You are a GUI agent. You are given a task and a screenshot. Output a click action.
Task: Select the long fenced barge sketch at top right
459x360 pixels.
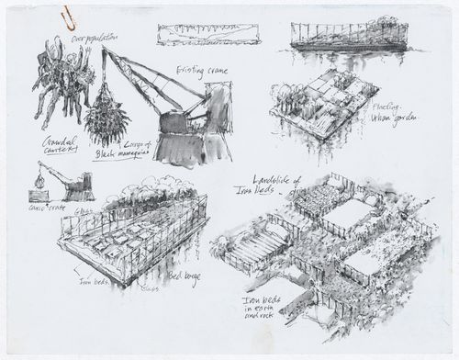point(346,36)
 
